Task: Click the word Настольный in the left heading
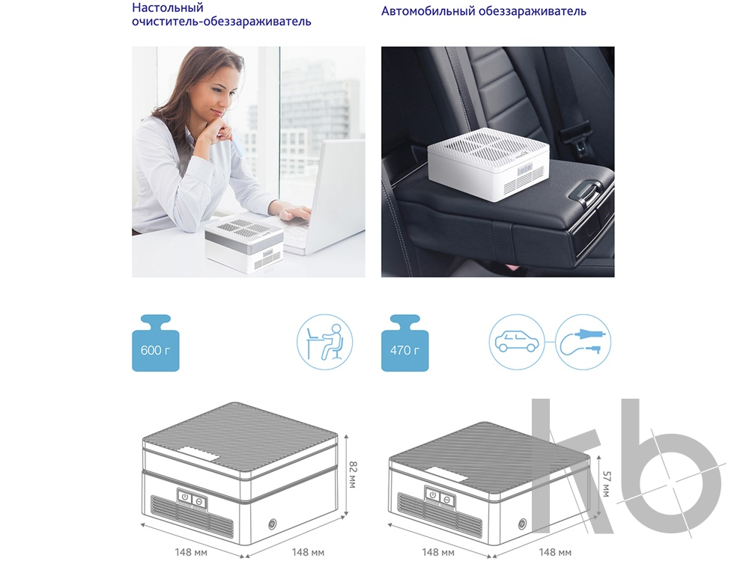click(168, 7)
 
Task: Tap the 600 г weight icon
click(155, 343)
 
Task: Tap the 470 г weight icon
click(404, 343)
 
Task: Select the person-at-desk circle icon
click(325, 342)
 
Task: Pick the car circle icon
click(517, 342)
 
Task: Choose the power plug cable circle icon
click(583, 342)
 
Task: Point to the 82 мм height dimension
click(354, 473)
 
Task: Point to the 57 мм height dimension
click(606, 484)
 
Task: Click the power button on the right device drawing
click(433, 494)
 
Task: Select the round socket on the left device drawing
click(273, 524)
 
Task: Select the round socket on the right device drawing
click(522, 524)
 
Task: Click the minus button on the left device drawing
click(198, 500)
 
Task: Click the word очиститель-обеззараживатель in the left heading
click(222, 22)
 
